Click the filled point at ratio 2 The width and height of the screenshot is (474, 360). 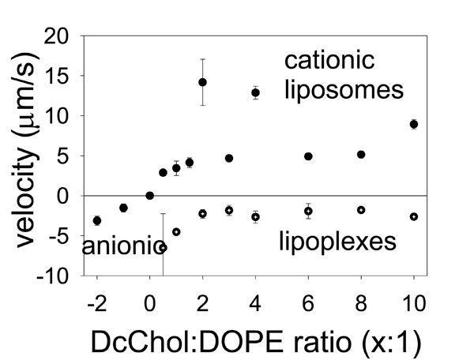pyautogui.click(x=203, y=82)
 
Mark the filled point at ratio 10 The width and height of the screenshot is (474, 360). pyautogui.click(x=414, y=124)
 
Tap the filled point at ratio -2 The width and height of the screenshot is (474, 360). pyautogui.click(x=97, y=220)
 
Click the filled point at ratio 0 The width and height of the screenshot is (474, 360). pyautogui.click(x=150, y=195)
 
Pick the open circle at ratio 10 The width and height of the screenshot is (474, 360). pyautogui.click(x=414, y=216)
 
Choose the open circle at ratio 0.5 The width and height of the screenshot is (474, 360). pyautogui.click(x=163, y=247)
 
